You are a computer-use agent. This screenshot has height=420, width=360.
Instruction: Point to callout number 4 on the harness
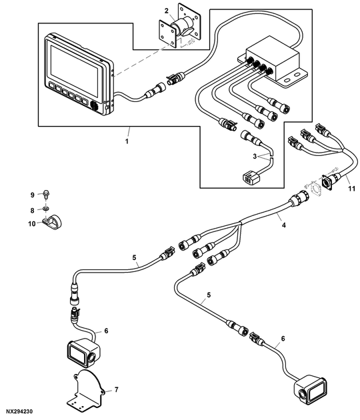click(x=283, y=226)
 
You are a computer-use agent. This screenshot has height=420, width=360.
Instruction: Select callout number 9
click(x=31, y=194)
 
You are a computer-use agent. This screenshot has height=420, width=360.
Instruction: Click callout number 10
click(x=31, y=224)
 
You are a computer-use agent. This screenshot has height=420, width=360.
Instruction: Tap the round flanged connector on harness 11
click(x=328, y=180)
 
